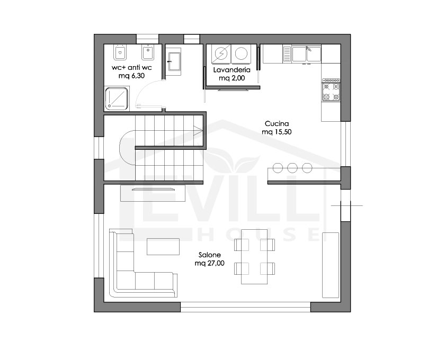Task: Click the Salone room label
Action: (x=210, y=255)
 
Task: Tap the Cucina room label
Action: (x=277, y=124)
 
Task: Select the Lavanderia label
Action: (x=232, y=70)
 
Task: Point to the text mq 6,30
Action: (x=131, y=76)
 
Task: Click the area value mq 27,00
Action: (x=209, y=263)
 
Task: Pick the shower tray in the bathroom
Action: (x=117, y=98)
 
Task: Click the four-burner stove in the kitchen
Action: (x=331, y=92)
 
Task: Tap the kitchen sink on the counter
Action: (x=306, y=54)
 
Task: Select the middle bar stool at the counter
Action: (x=292, y=168)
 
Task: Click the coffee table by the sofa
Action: (x=163, y=247)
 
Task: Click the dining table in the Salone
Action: (x=254, y=256)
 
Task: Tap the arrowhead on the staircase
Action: (x=198, y=131)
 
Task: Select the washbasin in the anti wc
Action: (x=173, y=61)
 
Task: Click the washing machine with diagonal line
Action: (x=220, y=53)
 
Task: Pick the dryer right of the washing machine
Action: (x=241, y=53)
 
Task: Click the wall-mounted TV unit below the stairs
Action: (x=153, y=193)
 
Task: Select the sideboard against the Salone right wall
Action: (x=331, y=265)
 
